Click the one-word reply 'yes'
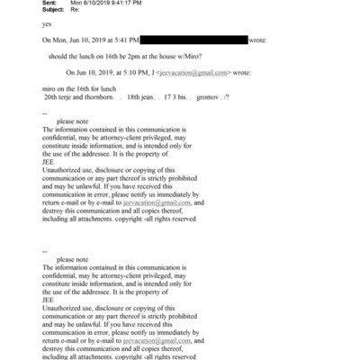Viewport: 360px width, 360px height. pyautogui.click(x=48, y=25)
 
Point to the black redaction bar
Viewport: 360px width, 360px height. pyautogui.click(x=194, y=40)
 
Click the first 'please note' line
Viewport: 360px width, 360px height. pyautogui.click(x=71, y=121)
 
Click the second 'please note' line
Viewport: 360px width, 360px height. pyautogui.click(x=71, y=260)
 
